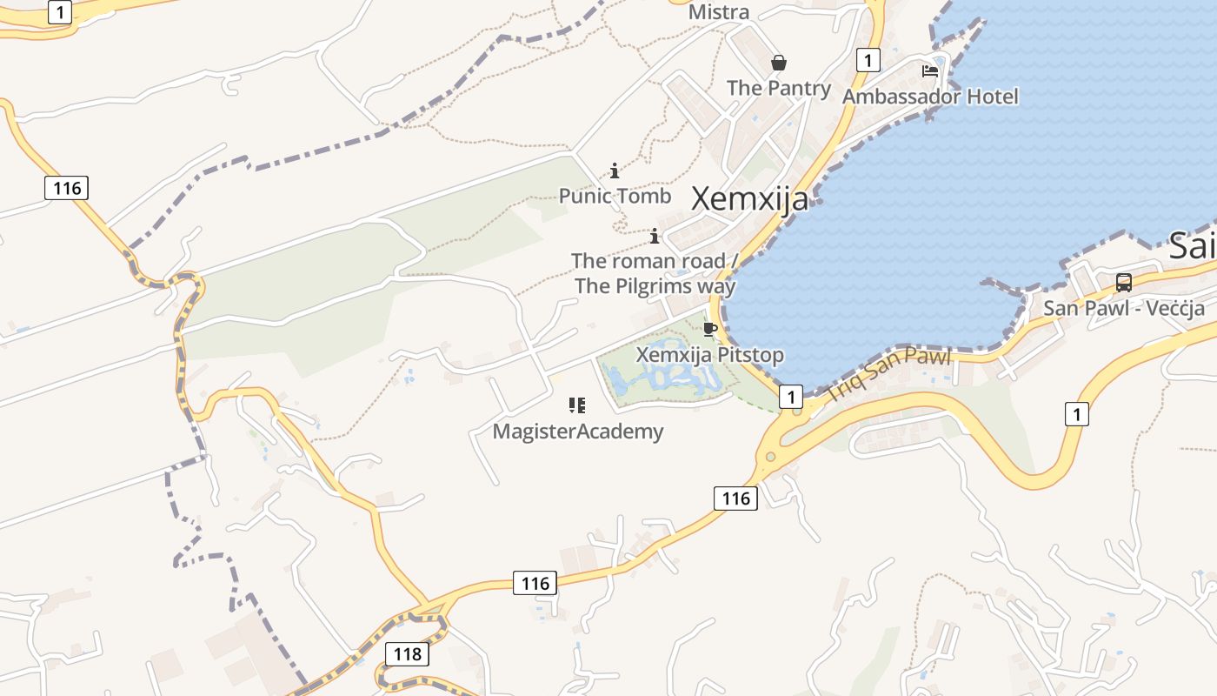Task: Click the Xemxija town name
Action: [749, 199]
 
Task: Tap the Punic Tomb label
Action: [615, 196]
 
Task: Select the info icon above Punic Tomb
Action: [615, 171]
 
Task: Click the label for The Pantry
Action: [778, 88]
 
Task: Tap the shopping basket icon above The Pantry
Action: [779, 63]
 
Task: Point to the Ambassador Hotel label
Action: [929, 96]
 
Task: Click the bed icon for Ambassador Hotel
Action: [930, 70]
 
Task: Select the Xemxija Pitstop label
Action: [709, 355]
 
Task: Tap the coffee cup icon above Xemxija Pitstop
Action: [709, 329]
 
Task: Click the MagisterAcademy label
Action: [577, 432]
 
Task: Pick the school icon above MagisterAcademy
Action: [577, 405]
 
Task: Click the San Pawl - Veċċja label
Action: [1123, 308]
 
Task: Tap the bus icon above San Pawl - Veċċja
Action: [1123, 283]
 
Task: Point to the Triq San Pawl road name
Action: [888, 374]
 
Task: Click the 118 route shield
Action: [407, 654]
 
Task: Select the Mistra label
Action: [718, 12]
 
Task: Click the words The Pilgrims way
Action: [655, 286]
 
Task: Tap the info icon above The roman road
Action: [654, 236]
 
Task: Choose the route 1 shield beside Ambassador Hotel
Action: [868, 60]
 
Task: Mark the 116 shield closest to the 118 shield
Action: [535, 583]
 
